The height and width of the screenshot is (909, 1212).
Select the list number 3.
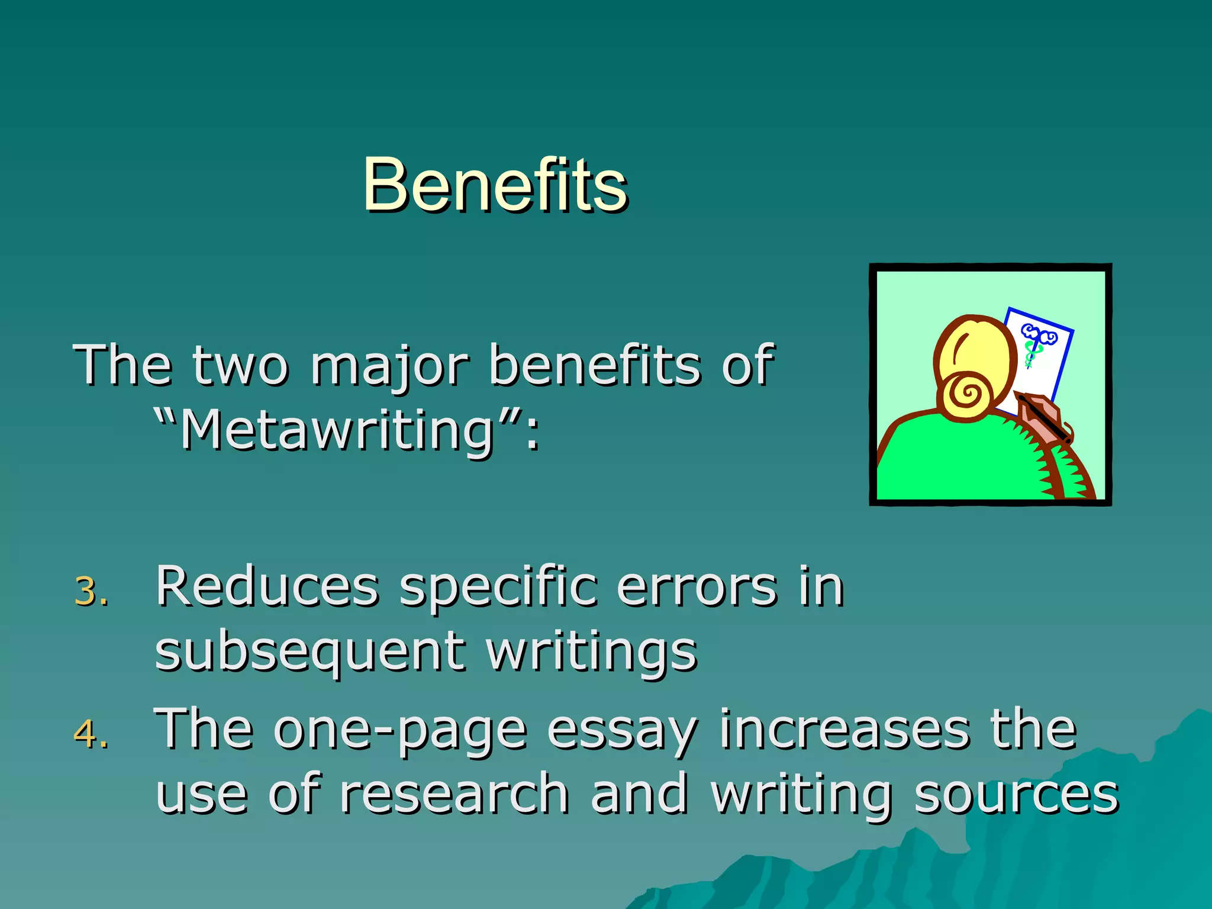click(x=91, y=592)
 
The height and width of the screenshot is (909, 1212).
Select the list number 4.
click(x=91, y=734)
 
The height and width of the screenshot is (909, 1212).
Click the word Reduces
click(x=267, y=587)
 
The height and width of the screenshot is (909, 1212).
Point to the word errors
click(x=696, y=587)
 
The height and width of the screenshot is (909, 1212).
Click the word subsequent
click(x=310, y=652)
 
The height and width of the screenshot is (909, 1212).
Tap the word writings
click(x=591, y=652)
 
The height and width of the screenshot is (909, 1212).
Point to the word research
click(x=454, y=794)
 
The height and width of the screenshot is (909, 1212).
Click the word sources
click(x=1016, y=794)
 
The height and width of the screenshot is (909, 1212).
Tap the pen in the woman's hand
click(x=1045, y=420)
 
